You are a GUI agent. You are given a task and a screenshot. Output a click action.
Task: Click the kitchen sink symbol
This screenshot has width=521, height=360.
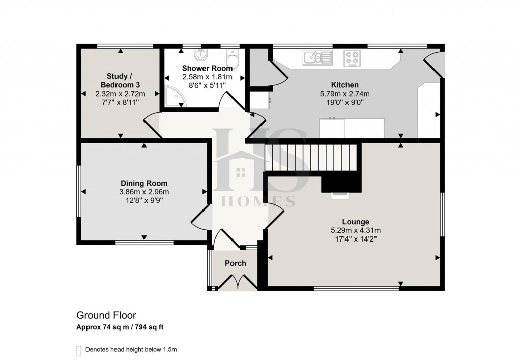click(x=316, y=58)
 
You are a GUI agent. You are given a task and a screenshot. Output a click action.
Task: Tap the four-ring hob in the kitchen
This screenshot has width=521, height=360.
click(x=352, y=58)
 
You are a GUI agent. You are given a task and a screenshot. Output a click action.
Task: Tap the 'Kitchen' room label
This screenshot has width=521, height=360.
click(x=344, y=85)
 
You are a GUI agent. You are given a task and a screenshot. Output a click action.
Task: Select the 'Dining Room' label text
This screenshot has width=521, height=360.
click(x=144, y=183)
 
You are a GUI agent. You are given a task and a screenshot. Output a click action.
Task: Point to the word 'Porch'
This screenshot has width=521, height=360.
click(x=235, y=263)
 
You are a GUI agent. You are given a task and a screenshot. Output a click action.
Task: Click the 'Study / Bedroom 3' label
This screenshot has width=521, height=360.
click(x=120, y=80)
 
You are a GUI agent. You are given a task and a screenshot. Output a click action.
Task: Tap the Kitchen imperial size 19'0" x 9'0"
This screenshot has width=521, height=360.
click(x=344, y=102)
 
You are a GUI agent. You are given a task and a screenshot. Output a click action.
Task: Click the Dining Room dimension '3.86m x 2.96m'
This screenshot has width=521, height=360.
click(x=144, y=192)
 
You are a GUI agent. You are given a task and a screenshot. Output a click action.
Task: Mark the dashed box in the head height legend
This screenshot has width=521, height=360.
click(x=78, y=350)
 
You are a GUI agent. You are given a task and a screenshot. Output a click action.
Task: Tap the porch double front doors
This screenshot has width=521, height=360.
click(x=236, y=282)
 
